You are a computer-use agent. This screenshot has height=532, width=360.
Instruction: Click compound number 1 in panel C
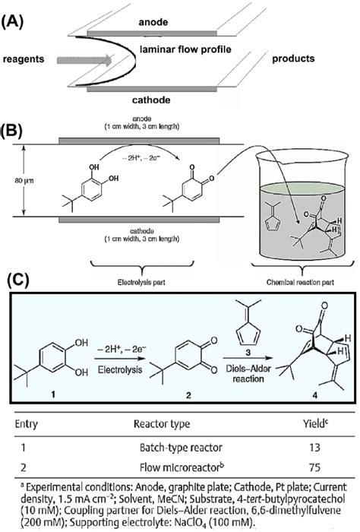(51, 396)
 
